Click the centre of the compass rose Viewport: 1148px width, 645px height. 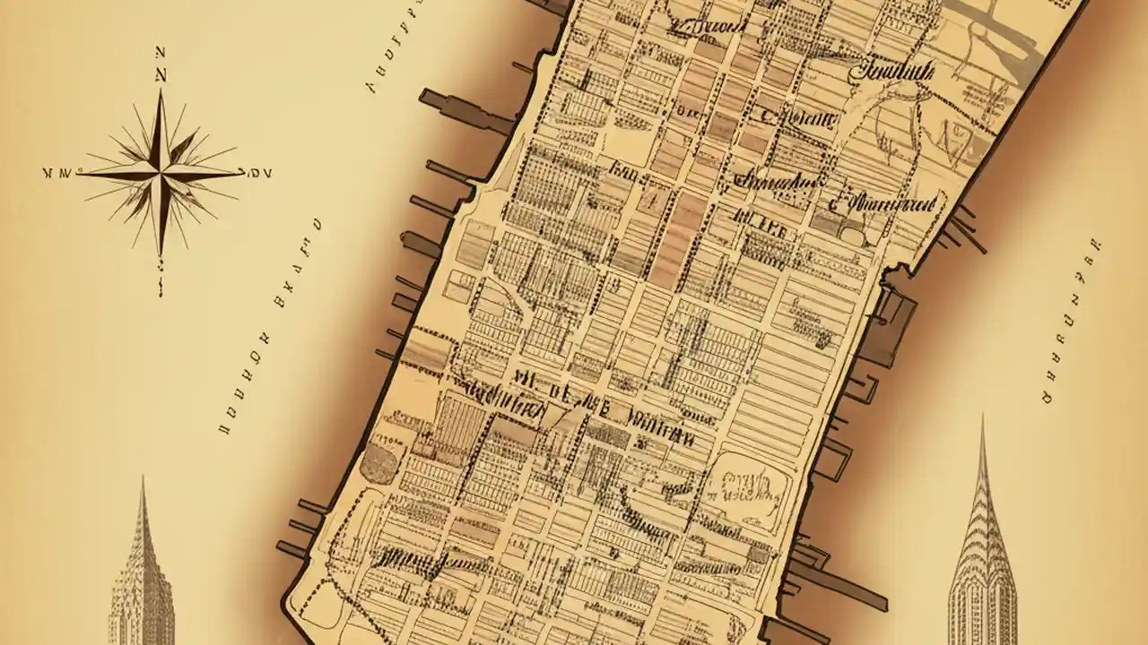161,169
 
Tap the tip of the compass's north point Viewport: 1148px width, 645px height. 161,90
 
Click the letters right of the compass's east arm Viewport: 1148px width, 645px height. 260,173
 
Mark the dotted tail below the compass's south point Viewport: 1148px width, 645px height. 161,273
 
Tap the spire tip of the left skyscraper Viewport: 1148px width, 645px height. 142,480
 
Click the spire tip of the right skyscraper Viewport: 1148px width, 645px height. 983,417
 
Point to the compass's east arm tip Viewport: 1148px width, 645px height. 242,172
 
